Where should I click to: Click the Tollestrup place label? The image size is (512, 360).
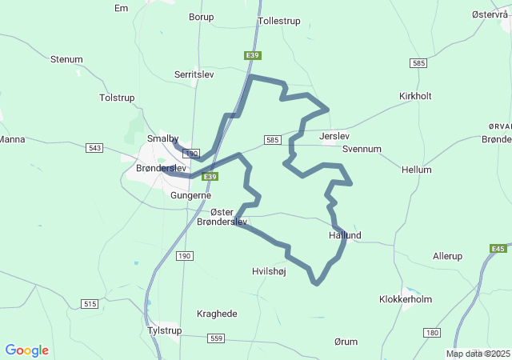pos(279,22)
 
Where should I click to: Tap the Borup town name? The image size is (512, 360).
pos(201,16)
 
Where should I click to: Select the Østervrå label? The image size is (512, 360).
pos(489,15)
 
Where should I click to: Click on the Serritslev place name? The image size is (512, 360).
pos(194,74)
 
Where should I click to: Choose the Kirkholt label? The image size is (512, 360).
pos(415,96)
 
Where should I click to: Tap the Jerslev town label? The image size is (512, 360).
pos(334,137)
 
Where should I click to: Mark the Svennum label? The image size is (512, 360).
pos(362,149)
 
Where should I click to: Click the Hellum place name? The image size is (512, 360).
pos(417,170)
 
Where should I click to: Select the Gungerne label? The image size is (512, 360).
pos(190,194)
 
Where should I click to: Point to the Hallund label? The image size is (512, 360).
pos(345,235)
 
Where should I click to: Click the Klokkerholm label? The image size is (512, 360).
pos(405,299)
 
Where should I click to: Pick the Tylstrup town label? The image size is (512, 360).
pos(165,330)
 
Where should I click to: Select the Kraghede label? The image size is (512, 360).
pos(217,314)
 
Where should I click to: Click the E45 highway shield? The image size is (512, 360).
pos(498,249)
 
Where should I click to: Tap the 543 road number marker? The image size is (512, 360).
pos(95,148)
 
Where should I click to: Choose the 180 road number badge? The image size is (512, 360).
pos(433,332)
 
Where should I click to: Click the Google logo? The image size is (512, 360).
pos(26,350)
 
